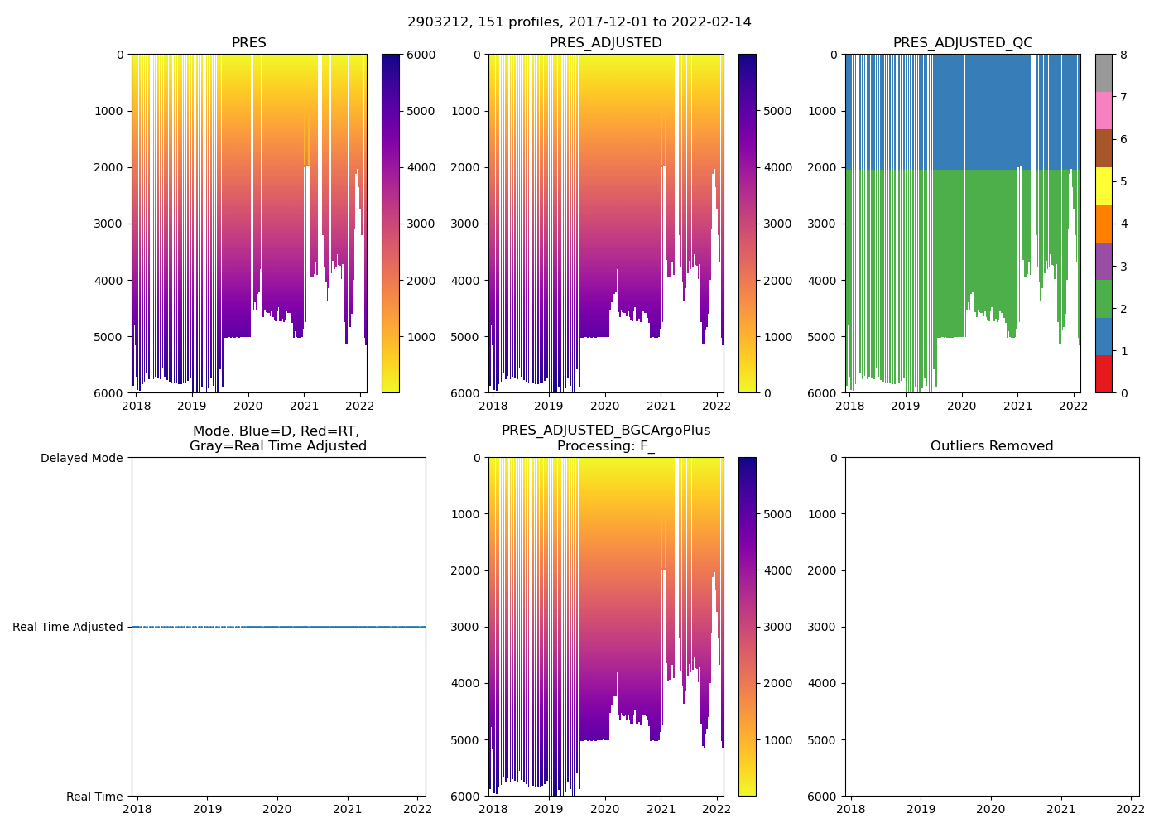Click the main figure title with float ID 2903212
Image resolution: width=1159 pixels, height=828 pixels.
click(579, 22)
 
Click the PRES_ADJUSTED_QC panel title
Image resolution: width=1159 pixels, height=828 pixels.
click(962, 43)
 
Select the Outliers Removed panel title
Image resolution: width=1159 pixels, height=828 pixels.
click(991, 446)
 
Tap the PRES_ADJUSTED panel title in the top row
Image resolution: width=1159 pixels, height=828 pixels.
click(605, 43)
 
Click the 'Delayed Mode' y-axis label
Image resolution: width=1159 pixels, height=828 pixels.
click(81, 458)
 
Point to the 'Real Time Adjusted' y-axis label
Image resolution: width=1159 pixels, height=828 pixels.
click(67, 627)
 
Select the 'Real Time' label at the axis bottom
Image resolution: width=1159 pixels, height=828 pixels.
click(94, 797)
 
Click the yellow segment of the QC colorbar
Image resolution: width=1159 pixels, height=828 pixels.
click(1103, 185)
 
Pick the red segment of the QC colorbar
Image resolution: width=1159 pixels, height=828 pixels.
click(1103, 374)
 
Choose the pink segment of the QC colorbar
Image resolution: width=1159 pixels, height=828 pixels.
click(1103, 110)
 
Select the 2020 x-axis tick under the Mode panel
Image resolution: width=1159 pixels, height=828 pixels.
click(277, 811)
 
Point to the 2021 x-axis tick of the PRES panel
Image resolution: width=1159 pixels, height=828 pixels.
click(304, 407)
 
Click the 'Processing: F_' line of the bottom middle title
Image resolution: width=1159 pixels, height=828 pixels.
click(605, 446)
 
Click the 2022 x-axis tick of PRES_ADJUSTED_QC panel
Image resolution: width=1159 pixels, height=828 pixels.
click(1074, 407)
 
